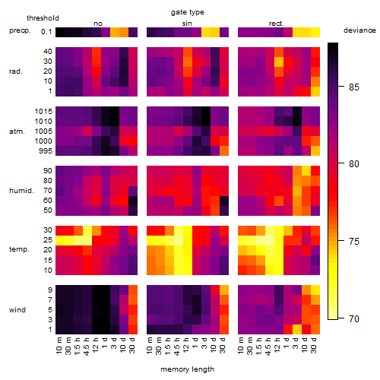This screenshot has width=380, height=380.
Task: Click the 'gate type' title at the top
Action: [x=188, y=12]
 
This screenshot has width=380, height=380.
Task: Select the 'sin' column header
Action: [x=187, y=24]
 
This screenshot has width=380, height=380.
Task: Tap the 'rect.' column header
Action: [x=277, y=24]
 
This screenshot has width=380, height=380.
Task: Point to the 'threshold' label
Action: [x=43, y=18]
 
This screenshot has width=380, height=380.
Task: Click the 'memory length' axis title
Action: [x=187, y=369]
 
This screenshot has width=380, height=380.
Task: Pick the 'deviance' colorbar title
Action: [x=359, y=30]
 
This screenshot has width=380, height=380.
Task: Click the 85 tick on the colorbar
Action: [x=354, y=87]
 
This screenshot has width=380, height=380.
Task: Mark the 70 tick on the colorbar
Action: [x=354, y=318]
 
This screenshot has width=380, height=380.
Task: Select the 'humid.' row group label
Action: [x=21, y=191]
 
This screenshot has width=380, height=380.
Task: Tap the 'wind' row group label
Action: [x=17, y=310]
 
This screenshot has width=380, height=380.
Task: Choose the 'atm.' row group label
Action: [x=17, y=131]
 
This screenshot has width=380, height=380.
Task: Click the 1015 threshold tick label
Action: [x=43, y=112]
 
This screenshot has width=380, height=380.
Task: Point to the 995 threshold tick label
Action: [x=46, y=151]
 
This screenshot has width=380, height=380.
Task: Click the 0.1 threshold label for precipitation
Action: [x=46, y=32]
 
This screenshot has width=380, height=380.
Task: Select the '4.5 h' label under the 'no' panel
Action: [x=87, y=346]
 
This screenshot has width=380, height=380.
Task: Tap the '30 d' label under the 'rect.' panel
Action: [x=314, y=345]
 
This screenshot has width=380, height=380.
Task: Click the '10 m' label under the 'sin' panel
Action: [x=150, y=345]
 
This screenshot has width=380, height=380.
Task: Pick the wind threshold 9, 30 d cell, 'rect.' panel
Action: [x=315, y=290]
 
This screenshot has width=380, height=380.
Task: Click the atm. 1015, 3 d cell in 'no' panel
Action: [x=115, y=112]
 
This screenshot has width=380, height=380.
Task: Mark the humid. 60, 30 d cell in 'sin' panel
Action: [x=224, y=201]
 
